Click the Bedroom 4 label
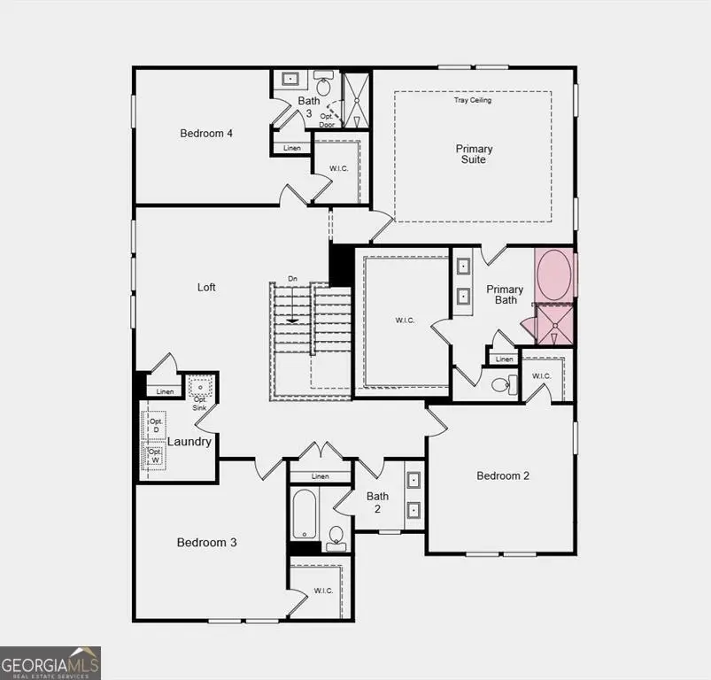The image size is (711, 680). click(206, 134)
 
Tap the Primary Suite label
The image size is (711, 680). click(474, 154)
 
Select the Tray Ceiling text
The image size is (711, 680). click(473, 100)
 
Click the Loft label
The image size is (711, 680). click(206, 287)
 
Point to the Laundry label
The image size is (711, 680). click(189, 441)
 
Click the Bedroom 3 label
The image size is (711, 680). click(206, 543)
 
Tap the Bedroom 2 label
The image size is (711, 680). click(503, 475)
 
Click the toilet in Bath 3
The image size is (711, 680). click(323, 87)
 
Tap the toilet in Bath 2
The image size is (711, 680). click(336, 536)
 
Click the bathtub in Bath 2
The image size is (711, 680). click(303, 514)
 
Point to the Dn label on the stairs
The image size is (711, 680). click(292, 280)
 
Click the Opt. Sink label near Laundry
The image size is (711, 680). click(201, 403)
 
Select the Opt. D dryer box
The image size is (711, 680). click(156, 426)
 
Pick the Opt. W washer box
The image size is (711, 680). click(156, 457)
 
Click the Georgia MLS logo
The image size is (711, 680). click(50, 662)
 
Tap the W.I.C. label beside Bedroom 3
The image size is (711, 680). click(323, 591)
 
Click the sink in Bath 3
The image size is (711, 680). click(290, 80)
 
